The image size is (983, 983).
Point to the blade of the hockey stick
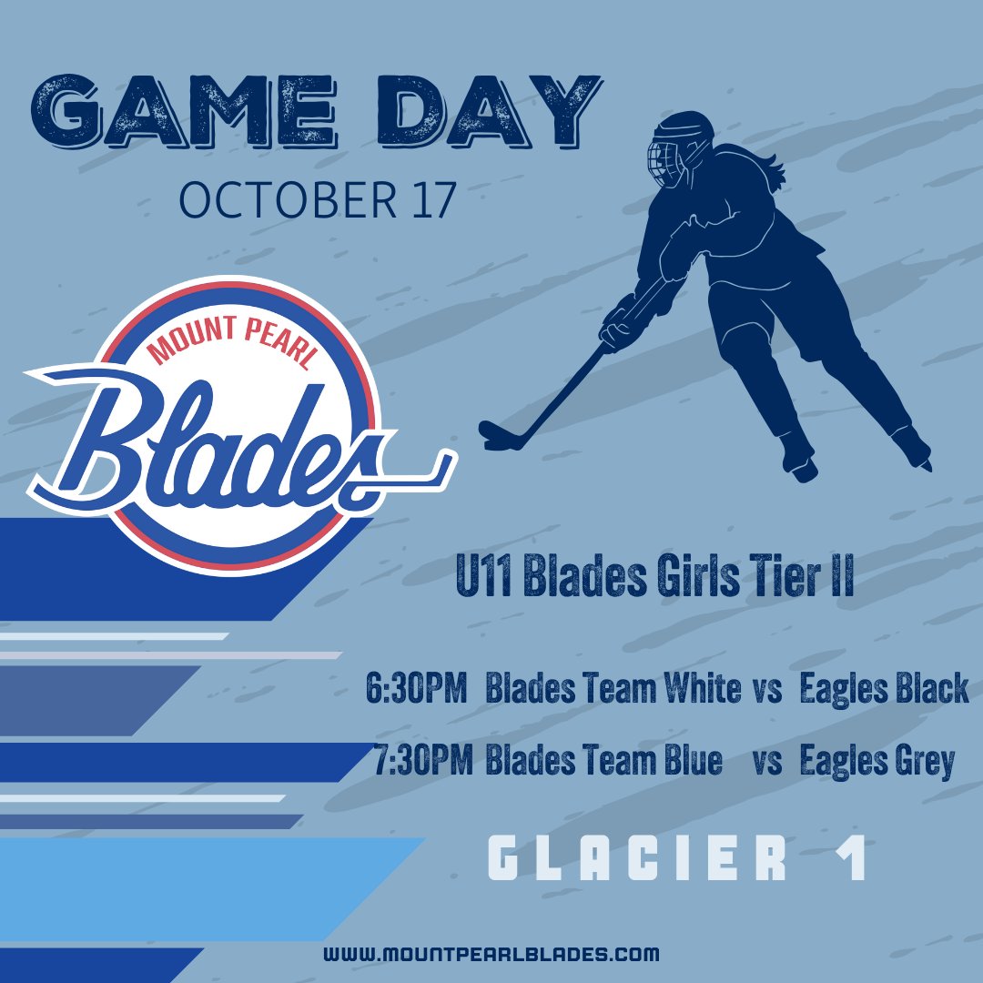pos(501,436)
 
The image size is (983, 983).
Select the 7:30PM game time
pos(422,761)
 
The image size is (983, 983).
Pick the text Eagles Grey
pos(877,761)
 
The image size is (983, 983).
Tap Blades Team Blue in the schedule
pos(603,761)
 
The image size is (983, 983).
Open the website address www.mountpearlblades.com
pos(491,955)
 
